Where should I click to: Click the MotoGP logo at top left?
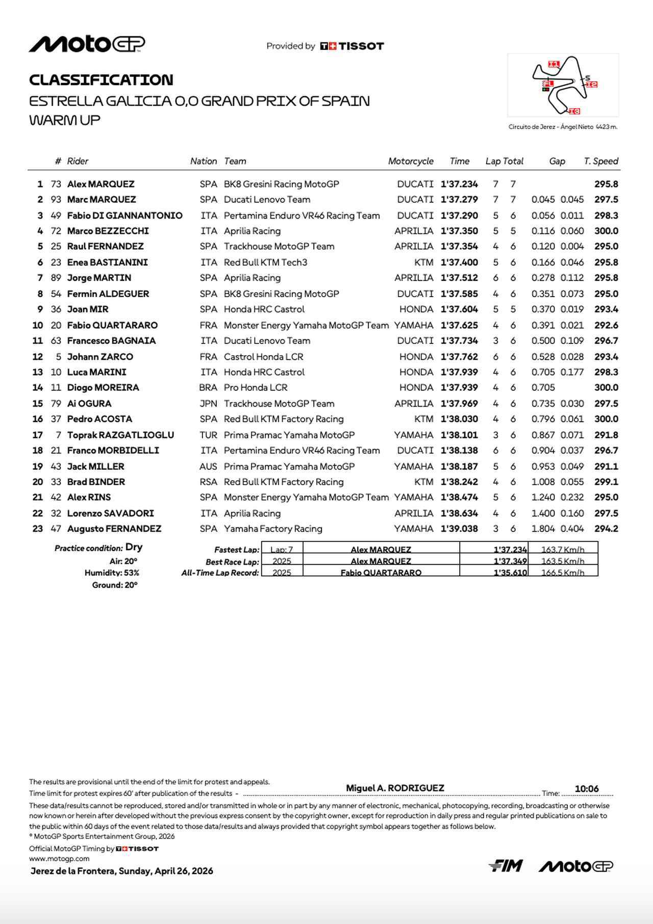(87, 44)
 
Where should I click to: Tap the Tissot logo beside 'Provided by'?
(351, 46)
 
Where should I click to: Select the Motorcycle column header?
(410, 161)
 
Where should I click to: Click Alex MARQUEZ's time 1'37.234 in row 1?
(459, 184)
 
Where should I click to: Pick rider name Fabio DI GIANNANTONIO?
(124, 216)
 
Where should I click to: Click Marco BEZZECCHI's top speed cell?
(606, 231)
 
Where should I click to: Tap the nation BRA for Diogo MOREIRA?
(208, 387)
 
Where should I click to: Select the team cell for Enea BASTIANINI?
(265, 262)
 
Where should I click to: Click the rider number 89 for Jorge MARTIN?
(56, 278)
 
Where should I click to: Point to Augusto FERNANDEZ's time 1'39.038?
(459, 529)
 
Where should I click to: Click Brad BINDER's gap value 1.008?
(543, 482)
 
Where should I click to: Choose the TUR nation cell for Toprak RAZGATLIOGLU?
(208, 435)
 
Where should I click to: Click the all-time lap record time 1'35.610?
(510, 572)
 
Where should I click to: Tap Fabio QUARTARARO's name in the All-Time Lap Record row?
(381, 572)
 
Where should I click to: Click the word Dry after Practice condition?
(134, 547)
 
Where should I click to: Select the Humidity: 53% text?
(112, 573)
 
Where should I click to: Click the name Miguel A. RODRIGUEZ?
(395, 788)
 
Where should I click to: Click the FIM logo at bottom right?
(505, 865)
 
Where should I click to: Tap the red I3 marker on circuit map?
(574, 111)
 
